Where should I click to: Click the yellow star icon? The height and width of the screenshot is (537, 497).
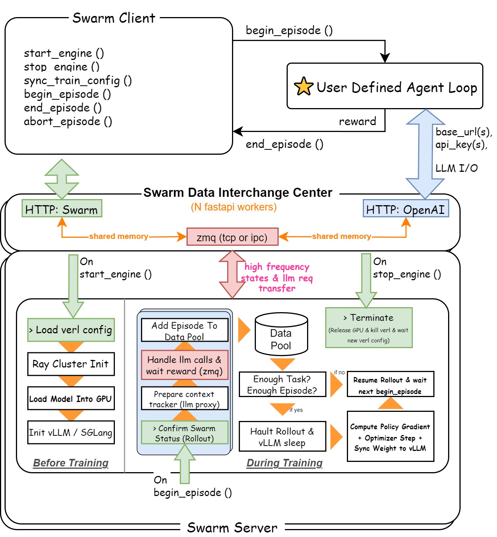tap(303, 86)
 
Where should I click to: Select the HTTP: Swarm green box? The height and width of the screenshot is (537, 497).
tap(62, 209)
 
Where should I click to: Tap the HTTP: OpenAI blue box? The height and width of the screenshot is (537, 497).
tap(406, 209)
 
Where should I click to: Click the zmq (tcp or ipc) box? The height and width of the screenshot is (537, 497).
tap(232, 237)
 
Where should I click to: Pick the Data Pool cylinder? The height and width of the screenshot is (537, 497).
tap(281, 334)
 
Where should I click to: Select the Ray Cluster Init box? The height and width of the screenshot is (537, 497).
tap(71, 364)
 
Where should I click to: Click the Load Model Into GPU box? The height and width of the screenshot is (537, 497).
tap(71, 399)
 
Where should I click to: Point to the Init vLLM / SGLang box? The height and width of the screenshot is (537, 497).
tap(71, 432)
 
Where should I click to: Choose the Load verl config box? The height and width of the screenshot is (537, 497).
tap(71, 330)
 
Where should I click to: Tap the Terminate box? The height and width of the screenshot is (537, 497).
tap(368, 328)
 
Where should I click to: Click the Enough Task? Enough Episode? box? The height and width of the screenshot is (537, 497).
tap(282, 385)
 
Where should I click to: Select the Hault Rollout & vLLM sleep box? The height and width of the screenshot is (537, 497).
tap(282, 437)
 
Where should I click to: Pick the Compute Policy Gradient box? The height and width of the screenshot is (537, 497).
tap(390, 437)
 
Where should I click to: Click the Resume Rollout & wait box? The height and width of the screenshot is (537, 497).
tap(390, 385)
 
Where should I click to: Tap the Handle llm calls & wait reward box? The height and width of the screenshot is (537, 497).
tap(185, 365)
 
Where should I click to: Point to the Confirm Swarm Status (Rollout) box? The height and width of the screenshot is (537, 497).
tap(185, 433)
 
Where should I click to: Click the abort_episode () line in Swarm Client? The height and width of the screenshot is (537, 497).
tap(68, 121)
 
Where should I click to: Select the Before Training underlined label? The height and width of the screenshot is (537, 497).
tap(71, 463)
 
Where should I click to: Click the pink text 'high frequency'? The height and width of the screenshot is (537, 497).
tap(277, 267)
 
